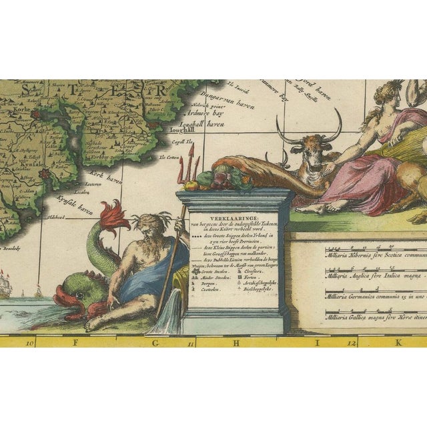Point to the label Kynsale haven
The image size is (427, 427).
(74, 191)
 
